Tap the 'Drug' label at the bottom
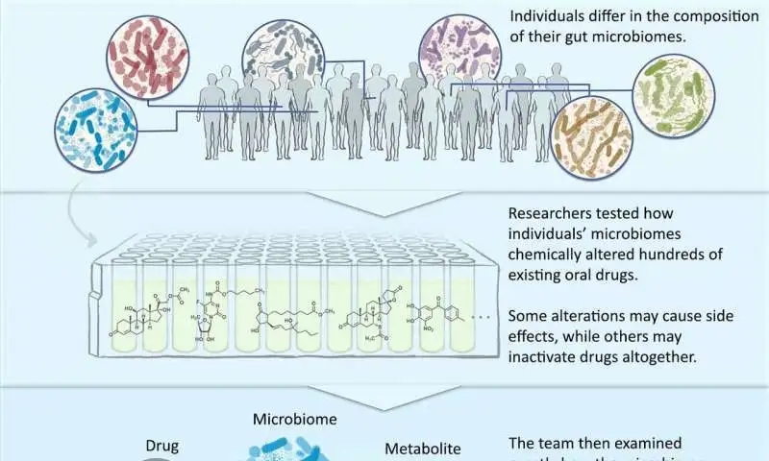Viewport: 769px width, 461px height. pyautogui.click(x=162, y=447)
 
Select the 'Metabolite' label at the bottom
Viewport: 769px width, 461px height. pyautogui.click(x=423, y=449)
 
